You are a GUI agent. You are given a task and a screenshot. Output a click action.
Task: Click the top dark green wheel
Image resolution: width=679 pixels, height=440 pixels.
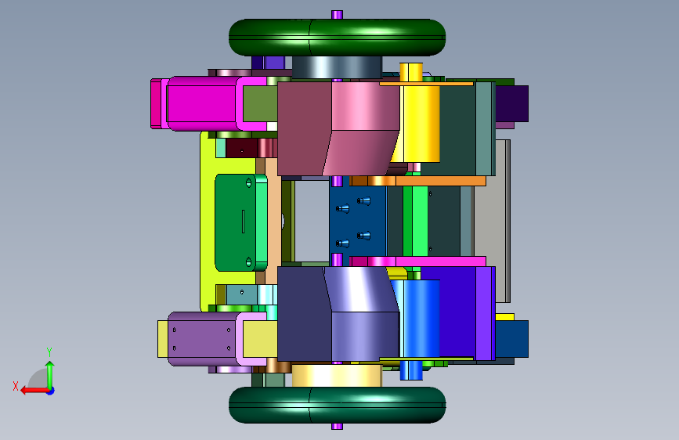tap(337, 38)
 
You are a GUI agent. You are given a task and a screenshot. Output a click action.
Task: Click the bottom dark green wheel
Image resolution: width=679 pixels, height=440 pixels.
tap(337, 405)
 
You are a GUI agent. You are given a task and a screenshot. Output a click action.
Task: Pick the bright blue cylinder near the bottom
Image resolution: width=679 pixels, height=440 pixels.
tap(418, 320)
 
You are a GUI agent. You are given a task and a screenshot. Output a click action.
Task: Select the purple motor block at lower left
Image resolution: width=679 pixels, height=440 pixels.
tap(202, 339)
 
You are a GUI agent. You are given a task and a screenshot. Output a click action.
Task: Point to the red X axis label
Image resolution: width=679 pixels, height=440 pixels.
tap(16, 386)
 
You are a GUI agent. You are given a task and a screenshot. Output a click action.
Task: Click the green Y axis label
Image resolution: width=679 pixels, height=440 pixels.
tap(49, 352)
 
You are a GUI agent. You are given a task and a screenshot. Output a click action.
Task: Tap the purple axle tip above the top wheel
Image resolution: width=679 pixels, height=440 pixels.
tap(337, 15)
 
